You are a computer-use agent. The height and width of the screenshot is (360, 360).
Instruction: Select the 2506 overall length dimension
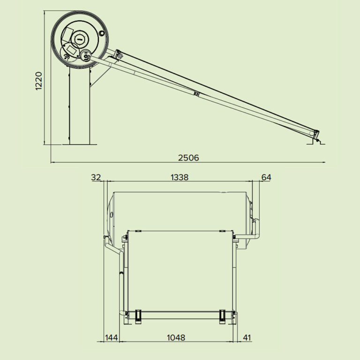(x=188, y=158)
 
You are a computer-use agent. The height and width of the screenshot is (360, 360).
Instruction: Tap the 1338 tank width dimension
(x=180, y=177)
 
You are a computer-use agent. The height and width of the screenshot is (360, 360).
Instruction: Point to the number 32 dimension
(x=96, y=177)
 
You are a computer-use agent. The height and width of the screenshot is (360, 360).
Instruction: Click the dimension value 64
(x=266, y=177)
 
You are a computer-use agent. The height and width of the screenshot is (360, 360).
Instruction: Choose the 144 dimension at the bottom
(x=112, y=337)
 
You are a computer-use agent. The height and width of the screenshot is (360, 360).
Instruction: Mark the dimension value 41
(x=247, y=337)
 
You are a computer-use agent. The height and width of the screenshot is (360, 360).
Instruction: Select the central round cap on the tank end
(x=80, y=38)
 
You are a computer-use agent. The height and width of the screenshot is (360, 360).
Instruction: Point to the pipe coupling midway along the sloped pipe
(x=196, y=94)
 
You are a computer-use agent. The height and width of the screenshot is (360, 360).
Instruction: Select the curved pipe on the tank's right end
(x=257, y=230)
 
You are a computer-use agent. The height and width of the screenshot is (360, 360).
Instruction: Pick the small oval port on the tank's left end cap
(x=112, y=215)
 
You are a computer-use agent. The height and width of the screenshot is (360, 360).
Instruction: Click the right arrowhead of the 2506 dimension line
(x=323, y=162)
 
